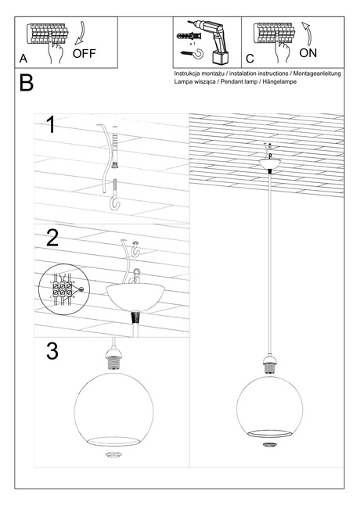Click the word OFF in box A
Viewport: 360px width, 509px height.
click(x=85, y=54)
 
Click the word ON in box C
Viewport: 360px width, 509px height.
click(x=308, y=54)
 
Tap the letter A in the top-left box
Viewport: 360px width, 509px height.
click(x=23, y=58)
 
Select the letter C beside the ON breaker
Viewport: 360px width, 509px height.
click(x=250, y=58)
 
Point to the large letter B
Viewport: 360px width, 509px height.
click(x=26, y=83)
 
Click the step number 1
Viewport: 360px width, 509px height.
click(x=51, y=125)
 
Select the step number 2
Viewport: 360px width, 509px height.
click(x=52, y=238)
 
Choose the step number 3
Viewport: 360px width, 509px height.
click(x=52, y=351)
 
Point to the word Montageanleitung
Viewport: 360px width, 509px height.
click(x=317, y=73)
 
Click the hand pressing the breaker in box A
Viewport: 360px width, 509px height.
click(x=54, y=49)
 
